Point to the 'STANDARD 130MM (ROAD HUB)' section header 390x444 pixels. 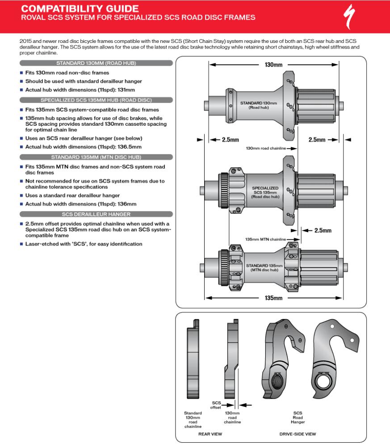tap(96, 63)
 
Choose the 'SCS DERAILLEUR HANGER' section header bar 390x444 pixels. tap(96, 214)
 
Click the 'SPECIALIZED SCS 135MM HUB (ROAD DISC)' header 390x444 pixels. tap(96, 100)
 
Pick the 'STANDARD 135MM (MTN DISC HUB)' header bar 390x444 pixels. tap(96, 157)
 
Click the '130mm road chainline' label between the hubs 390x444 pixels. tap(265, 148)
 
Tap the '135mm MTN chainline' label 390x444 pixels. tap(265, 239)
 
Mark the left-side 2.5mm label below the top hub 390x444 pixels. tap(231, 140)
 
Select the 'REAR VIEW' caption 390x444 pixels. tap(210, 434)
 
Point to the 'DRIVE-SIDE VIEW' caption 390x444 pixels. tap(298, 434)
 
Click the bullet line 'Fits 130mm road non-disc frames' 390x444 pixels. tap(67, 72)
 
